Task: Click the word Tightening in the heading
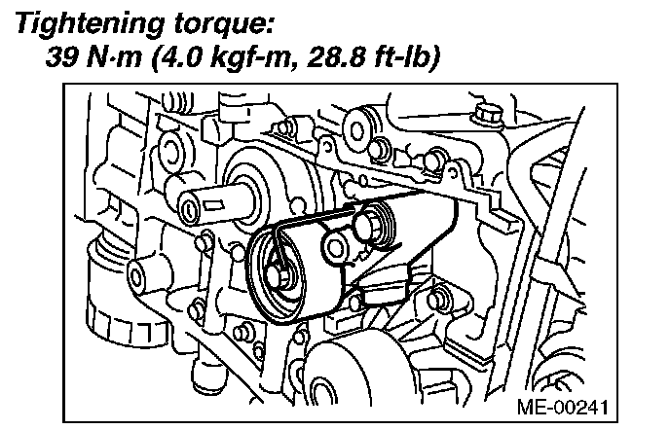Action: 90,24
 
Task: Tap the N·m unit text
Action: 114,57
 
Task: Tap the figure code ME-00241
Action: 562,407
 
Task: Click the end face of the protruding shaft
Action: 189,210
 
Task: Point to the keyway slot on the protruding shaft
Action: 213,205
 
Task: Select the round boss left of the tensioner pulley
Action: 136,277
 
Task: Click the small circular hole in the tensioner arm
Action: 336,248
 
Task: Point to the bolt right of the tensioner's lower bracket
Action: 435,299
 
